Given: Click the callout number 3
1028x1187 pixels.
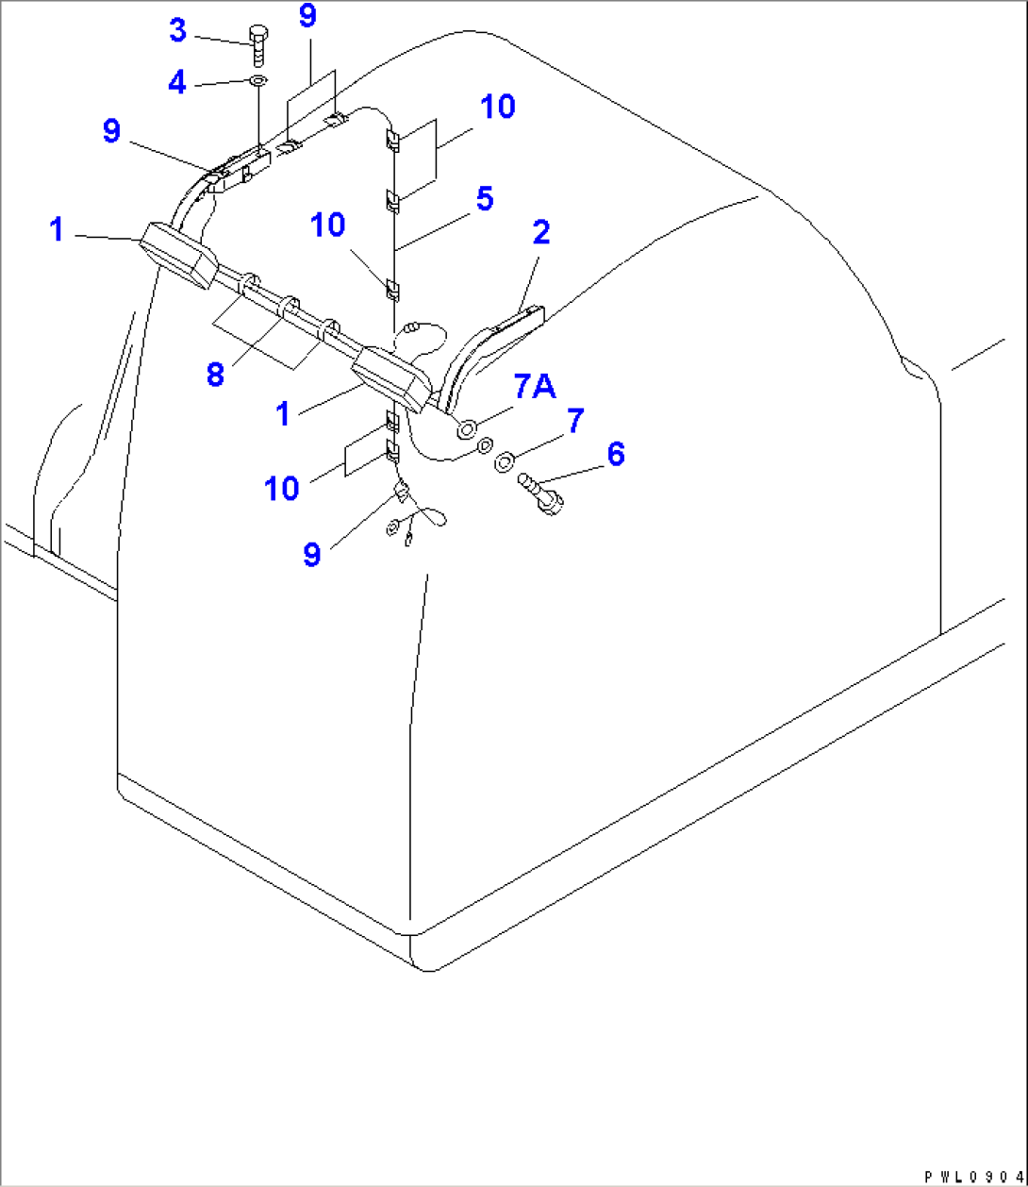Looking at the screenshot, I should tap(177, 30).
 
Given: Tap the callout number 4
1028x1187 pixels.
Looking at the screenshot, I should tap(177, 82).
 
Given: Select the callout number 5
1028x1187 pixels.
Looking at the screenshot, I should tap(483, 200).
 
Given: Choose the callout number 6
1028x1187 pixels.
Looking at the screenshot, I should tap(614, 455).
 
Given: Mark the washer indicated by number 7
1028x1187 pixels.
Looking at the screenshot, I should tap(504, 460).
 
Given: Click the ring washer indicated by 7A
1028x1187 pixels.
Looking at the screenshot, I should tap(467, 429).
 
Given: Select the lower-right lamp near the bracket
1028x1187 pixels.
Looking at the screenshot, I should tap(392, 378).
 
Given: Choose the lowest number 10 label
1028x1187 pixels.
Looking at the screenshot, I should tap(282, 488).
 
